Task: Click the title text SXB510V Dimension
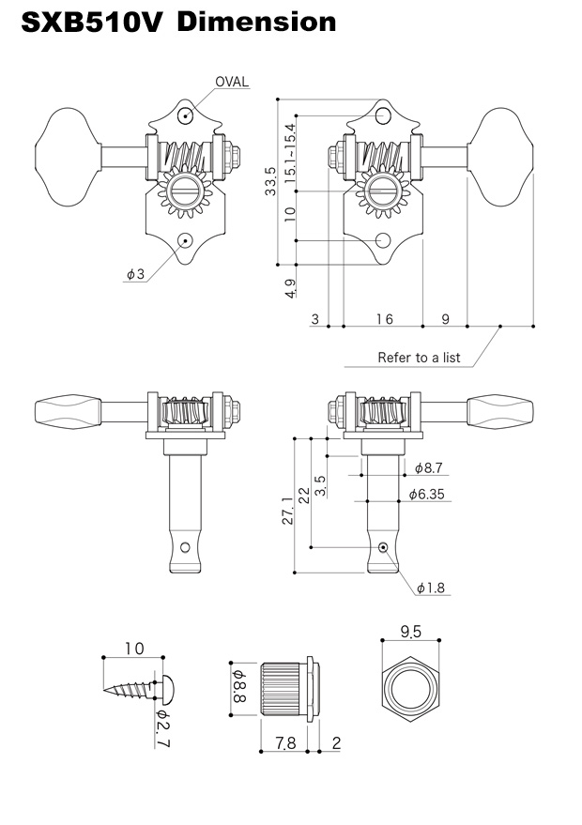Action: point(177,23)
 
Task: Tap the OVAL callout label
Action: point(232,82)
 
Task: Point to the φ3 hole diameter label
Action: point(135,274)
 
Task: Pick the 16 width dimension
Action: point(384,319)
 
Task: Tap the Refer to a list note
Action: point(419,357)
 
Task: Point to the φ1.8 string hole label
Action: point(430,588)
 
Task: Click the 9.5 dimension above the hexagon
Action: point(411,633)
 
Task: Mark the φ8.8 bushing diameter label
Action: point(238,689)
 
